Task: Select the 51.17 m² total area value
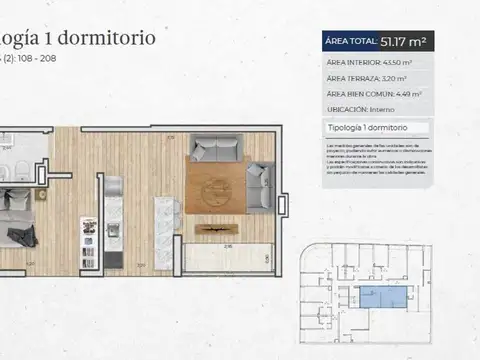point(405,41)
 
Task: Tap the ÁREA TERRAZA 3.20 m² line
point(365,77)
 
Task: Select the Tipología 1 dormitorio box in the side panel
point(378,129)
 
